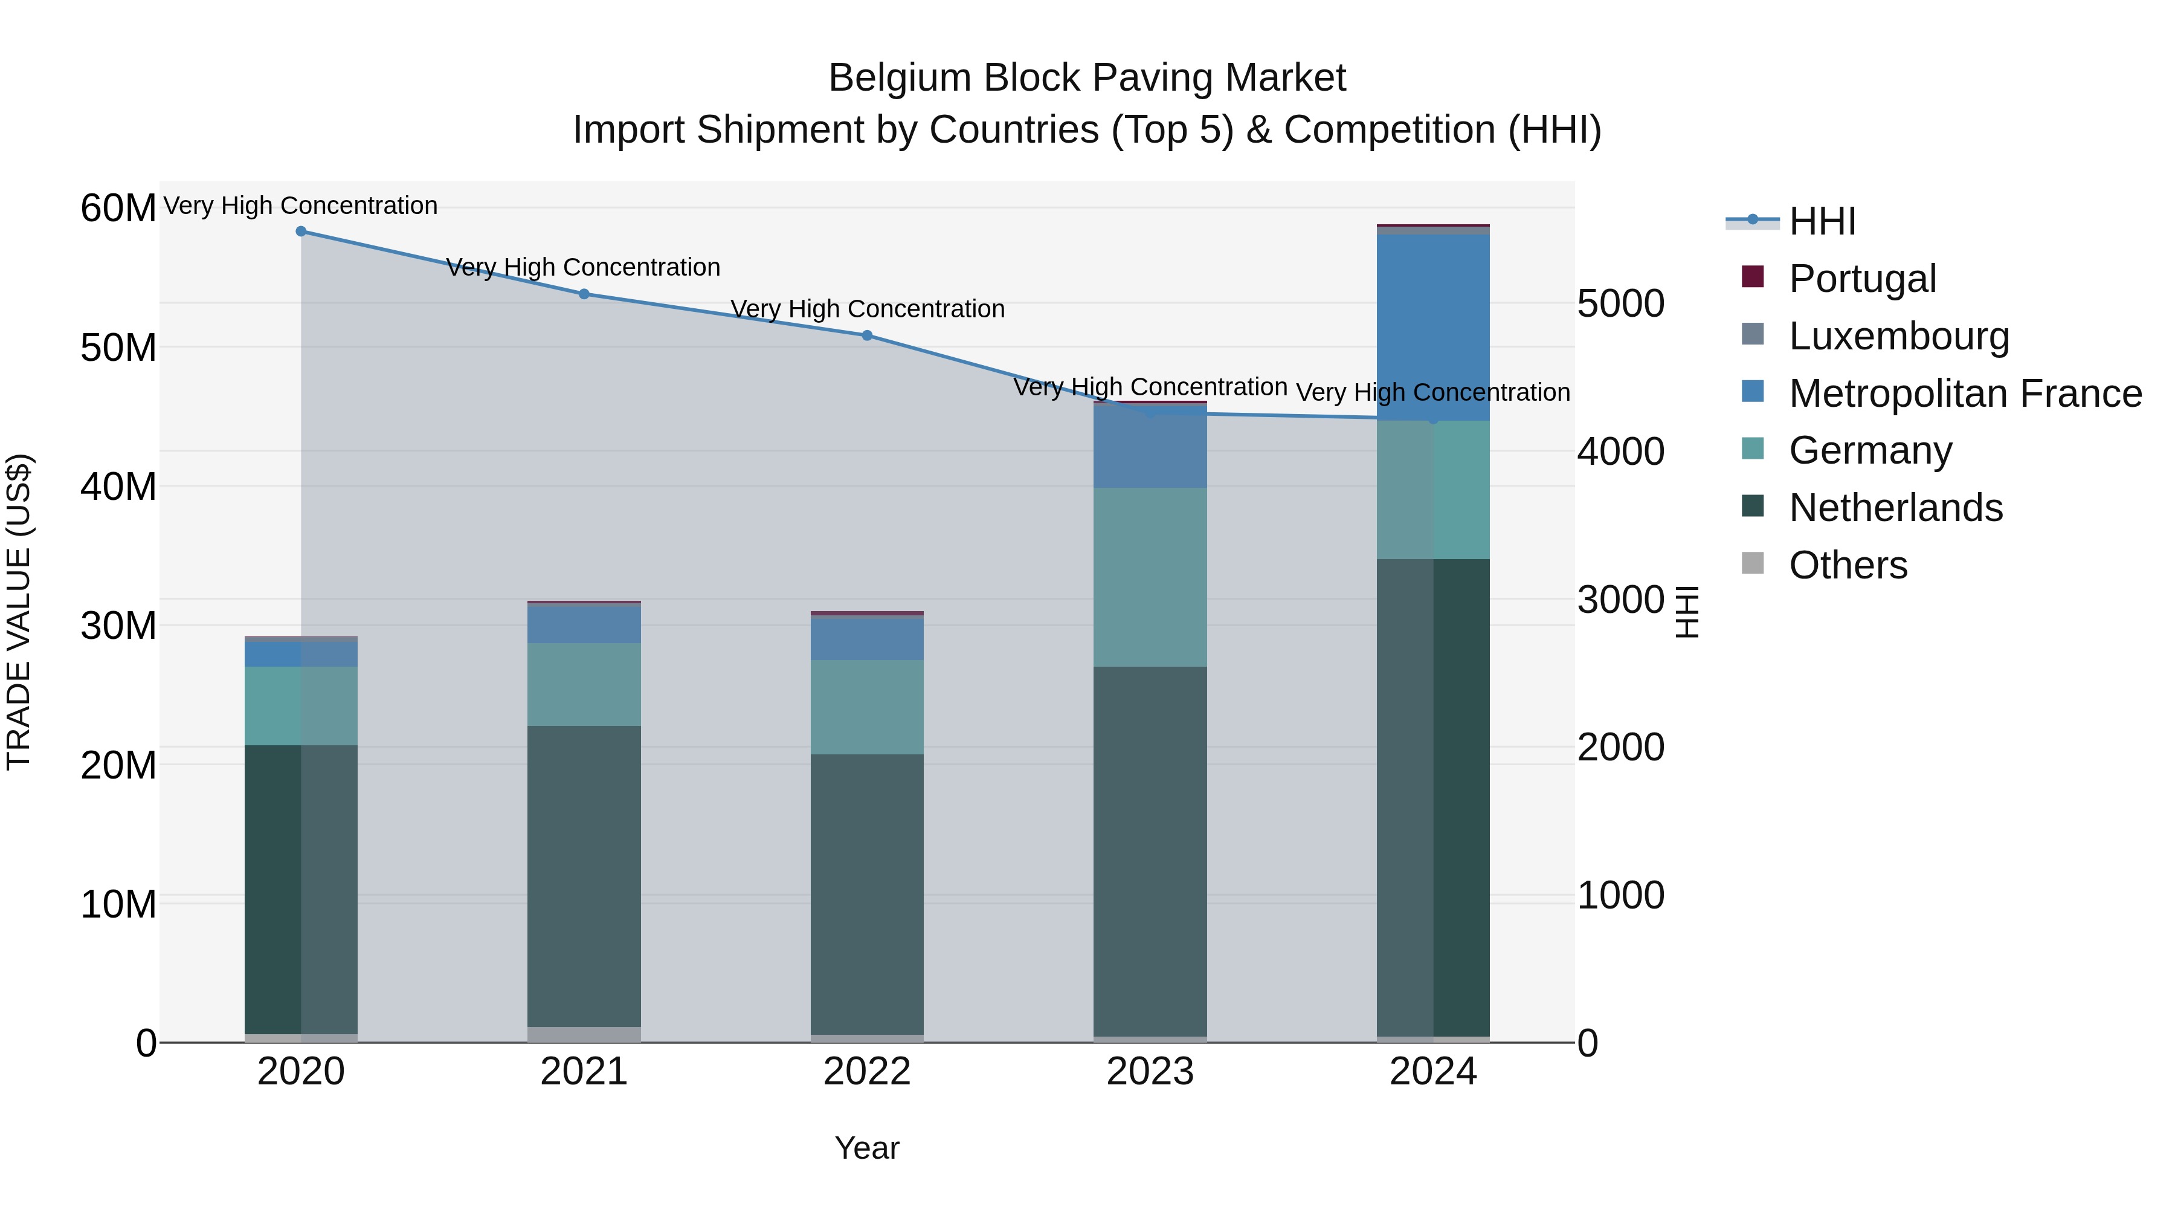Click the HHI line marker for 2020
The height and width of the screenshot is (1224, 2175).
[301, 232]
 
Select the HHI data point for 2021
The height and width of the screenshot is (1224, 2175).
[584, 294]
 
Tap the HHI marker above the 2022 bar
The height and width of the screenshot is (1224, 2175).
[866, 335]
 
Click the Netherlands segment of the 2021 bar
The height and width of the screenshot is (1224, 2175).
[584, 875]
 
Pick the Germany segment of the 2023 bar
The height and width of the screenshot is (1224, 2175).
[1149, 577]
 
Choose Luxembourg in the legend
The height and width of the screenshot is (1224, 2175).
[1898, 336]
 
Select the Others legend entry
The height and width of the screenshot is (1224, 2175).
[1848, 565]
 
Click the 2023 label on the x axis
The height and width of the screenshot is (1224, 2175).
[1149, 1072]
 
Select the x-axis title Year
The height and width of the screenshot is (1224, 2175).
[866, 1148]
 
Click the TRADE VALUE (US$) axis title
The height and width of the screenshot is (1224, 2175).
[19, 612]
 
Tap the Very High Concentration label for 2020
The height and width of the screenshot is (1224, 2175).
[301, 206]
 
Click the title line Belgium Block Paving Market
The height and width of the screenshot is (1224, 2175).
[1087, 78]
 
